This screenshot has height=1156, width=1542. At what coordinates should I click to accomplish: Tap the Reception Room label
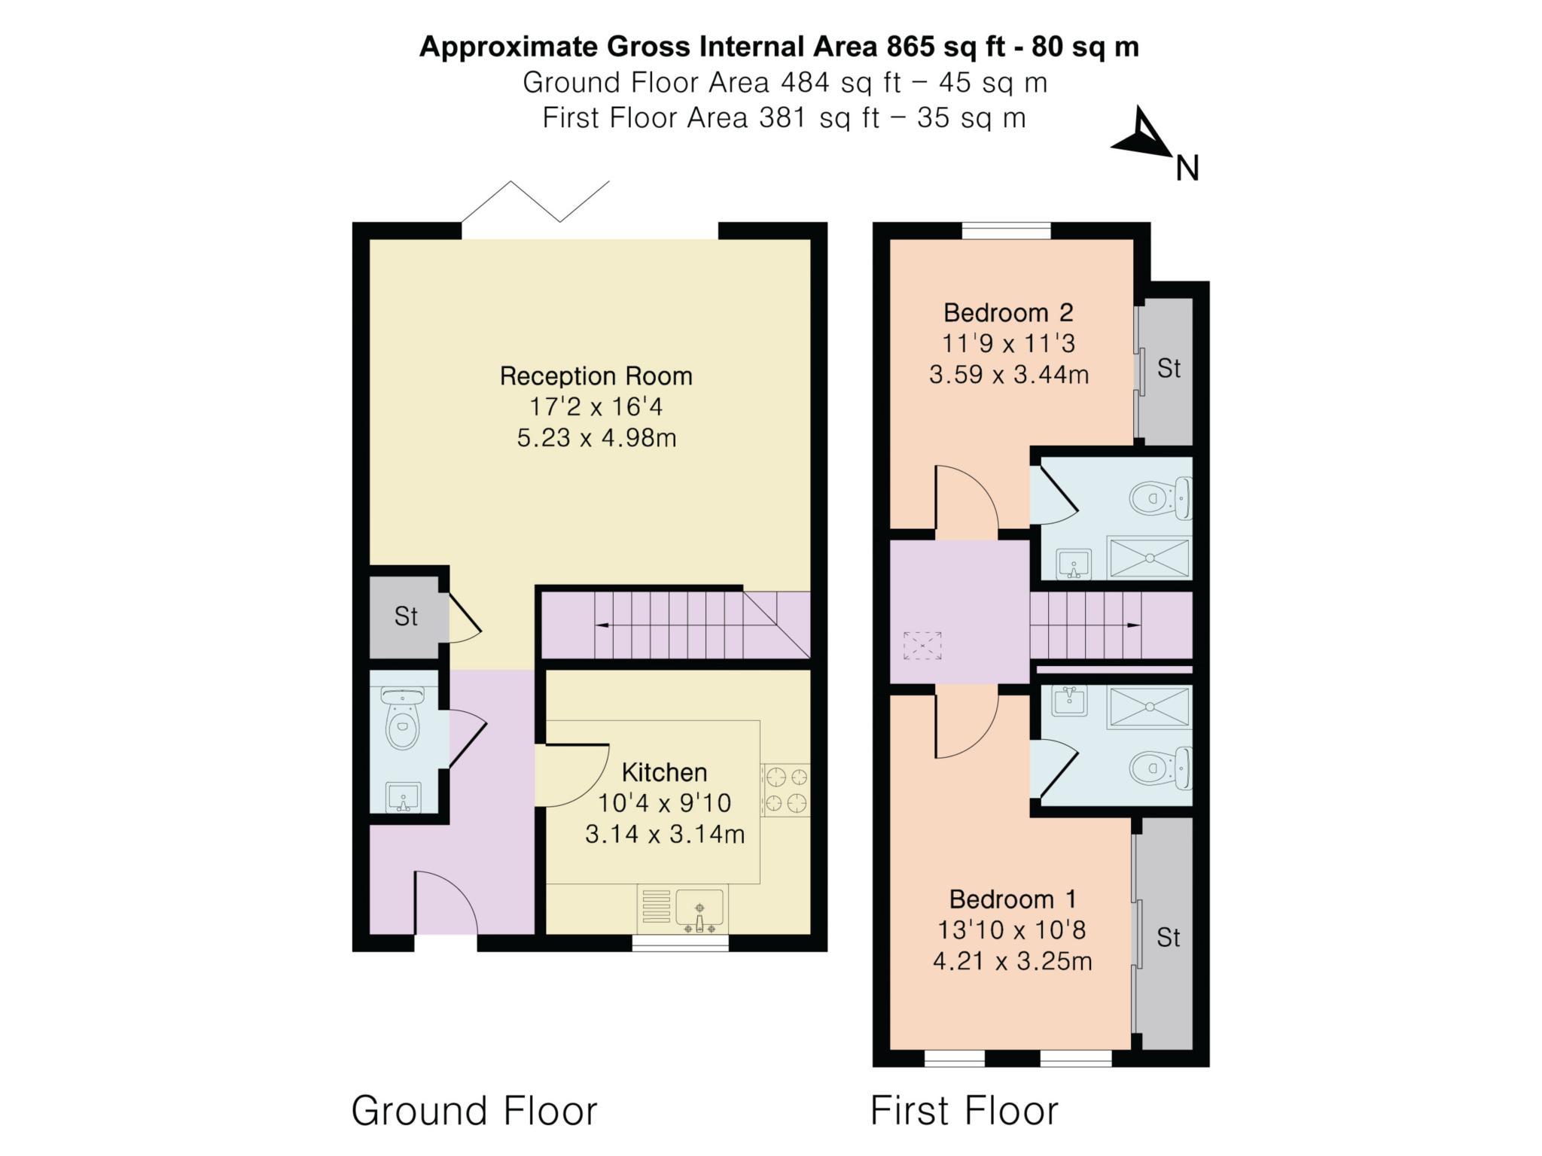596,376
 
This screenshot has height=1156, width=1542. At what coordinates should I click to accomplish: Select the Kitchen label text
664,772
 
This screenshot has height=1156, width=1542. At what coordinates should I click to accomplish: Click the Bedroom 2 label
1008,312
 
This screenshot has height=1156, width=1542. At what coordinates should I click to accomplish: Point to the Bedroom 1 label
1013,899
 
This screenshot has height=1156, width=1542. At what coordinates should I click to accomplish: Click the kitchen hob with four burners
785,790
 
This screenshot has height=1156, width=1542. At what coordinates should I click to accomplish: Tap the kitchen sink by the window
699,909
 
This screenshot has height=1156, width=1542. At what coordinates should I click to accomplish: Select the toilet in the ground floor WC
403,718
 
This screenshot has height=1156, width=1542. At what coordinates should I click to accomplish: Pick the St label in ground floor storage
406,616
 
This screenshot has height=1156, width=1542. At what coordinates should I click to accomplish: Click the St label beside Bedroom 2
1169,368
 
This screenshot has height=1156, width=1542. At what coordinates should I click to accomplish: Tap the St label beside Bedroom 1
1168,937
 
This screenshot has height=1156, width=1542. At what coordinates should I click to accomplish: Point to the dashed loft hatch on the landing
922,645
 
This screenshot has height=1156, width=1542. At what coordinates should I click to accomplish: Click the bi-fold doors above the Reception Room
535,202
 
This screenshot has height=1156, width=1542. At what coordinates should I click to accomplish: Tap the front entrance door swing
446,903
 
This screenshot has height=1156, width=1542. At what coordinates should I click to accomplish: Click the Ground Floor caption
474,1110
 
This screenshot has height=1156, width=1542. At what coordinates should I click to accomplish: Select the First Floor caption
965,1110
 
